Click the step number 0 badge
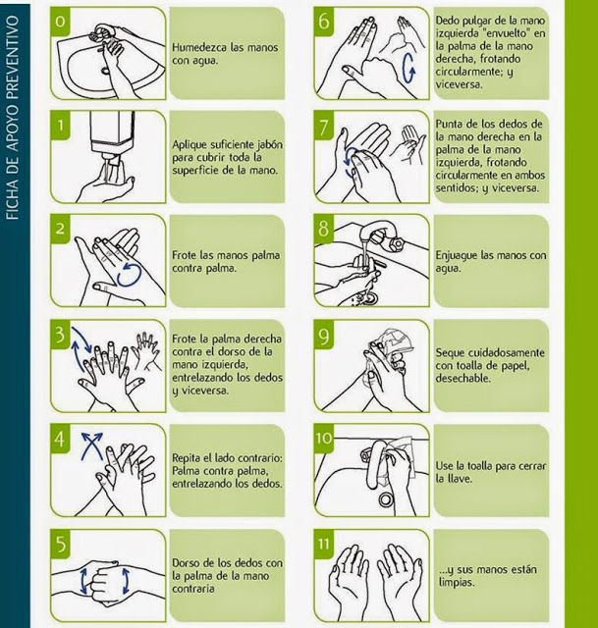(x=61, y=21)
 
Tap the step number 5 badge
(x=61, y=543)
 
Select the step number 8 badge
(x=325, y=230)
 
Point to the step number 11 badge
(x=327, y=543)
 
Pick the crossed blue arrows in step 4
(x=91, y=447)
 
